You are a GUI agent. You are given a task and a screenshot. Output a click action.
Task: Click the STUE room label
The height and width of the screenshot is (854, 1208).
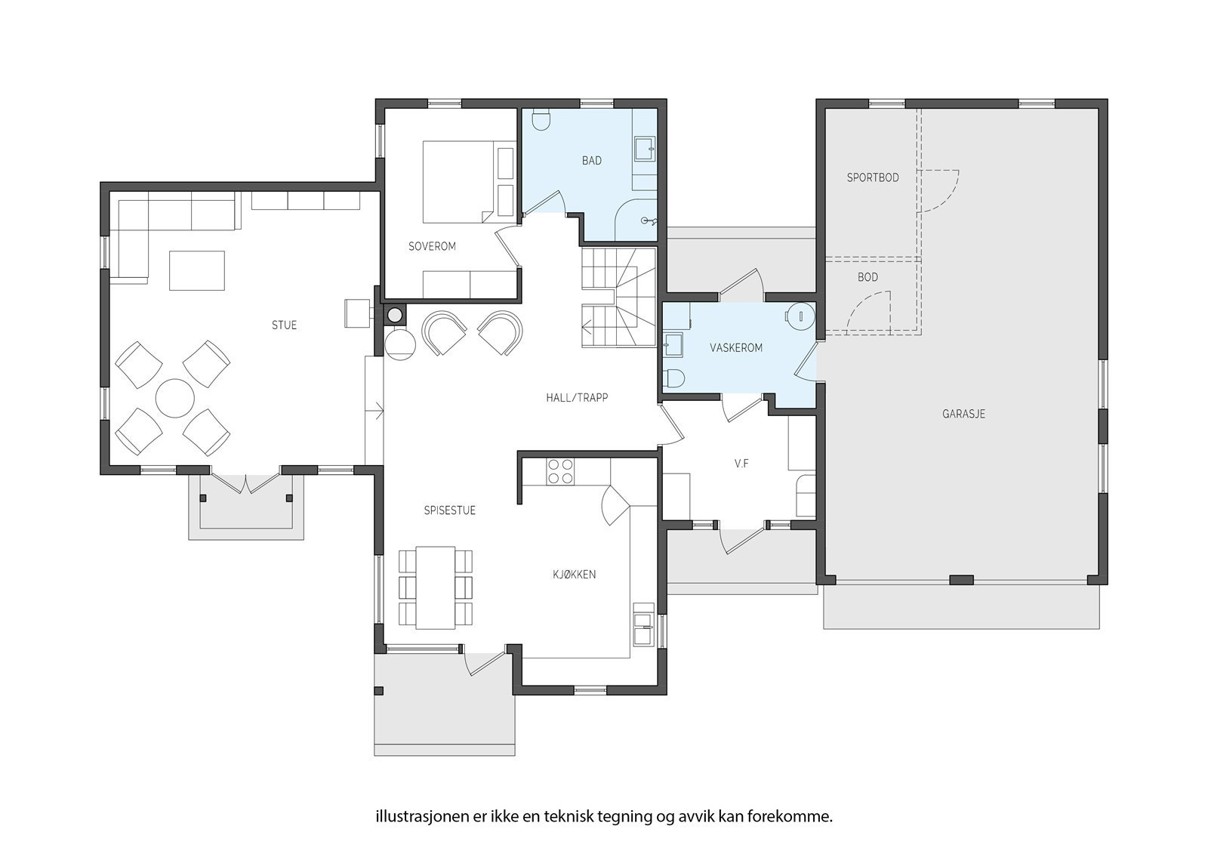pyautogui.click(x=284, y=325)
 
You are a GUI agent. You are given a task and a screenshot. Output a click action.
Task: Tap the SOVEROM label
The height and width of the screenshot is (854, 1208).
pyautogui.click(x=432, y=247)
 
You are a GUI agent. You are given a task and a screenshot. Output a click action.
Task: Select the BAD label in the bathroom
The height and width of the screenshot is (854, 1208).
pyautogui.click(x=592, y=161)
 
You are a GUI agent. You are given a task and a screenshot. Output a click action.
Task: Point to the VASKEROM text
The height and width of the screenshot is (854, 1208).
pyautogui.click(x=736, y=348)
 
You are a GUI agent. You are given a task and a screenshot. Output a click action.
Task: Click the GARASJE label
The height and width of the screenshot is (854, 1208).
pyautogui.click(x=963, y=415)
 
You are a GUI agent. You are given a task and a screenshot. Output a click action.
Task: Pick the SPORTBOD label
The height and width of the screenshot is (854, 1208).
pyautogui.click(x=873, y=177)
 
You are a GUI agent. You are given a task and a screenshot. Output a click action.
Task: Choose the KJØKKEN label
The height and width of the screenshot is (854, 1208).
pyautogui.click(x=575, y=575)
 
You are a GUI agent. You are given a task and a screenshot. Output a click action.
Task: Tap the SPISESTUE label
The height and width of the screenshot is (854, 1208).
pyautogui.click(x=450, y=510)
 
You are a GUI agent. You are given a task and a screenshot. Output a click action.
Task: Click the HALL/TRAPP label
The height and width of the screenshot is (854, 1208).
pyautogui.click(x=577, y=398)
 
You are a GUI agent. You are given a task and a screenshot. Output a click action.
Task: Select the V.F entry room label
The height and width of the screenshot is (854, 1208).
pyautogui.click(x=741, y=464)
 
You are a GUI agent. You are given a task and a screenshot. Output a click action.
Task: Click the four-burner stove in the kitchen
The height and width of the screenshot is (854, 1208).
pyautogui.click(x=560, y=471)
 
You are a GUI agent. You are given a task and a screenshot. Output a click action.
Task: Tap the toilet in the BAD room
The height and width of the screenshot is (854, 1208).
pyautogui.click(x=541, y=120)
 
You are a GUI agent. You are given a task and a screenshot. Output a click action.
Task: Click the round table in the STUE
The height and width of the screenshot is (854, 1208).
pyautogui.click(x=174, y=398)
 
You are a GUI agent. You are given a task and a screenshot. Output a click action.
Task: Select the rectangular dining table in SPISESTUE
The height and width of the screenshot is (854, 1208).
pyautogui.click(x=435, y=587)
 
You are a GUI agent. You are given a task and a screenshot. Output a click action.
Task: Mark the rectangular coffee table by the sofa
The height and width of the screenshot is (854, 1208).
pyautogui.click(x=197, y=271)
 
